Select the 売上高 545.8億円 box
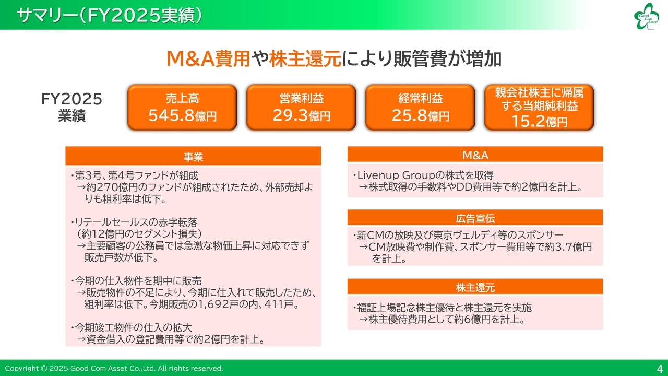[182, 107]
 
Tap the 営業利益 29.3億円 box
[301, 107]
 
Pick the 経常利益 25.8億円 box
[420, 107]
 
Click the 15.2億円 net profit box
[539, 107]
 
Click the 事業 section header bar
[193, 157]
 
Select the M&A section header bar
[475, 155]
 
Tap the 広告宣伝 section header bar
[475, 218]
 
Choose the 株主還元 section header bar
[475, 287]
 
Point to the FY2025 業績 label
[71, 107]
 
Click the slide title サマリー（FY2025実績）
[109, 15]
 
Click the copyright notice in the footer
[114, 369]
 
